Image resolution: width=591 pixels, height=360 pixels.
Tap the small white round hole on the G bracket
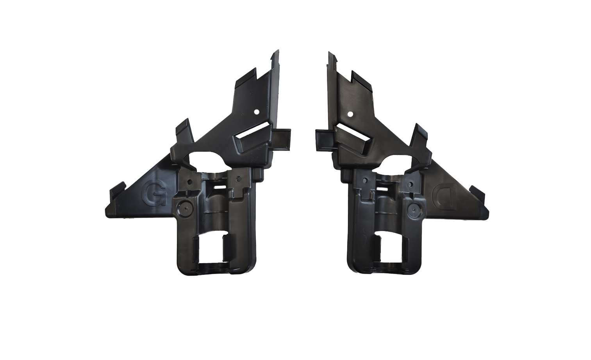pyautogui.click(x=255, y=112)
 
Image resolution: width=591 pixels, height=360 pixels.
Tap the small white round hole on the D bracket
pyautogui.click(x=350, y=114)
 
